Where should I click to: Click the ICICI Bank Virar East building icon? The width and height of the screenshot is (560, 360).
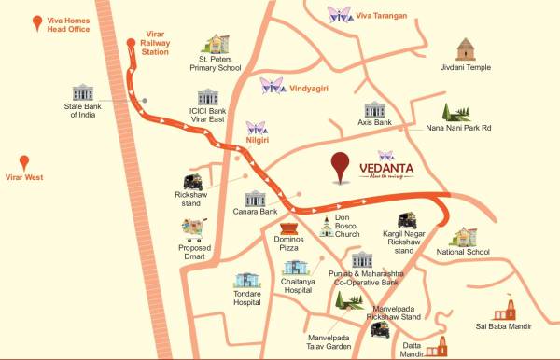pos(206,99)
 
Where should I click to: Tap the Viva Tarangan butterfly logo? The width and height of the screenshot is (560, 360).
pos(339,14)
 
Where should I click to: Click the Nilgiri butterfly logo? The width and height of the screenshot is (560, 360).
pos(257,127)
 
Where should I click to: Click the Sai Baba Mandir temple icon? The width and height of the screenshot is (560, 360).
pos(507,310)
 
